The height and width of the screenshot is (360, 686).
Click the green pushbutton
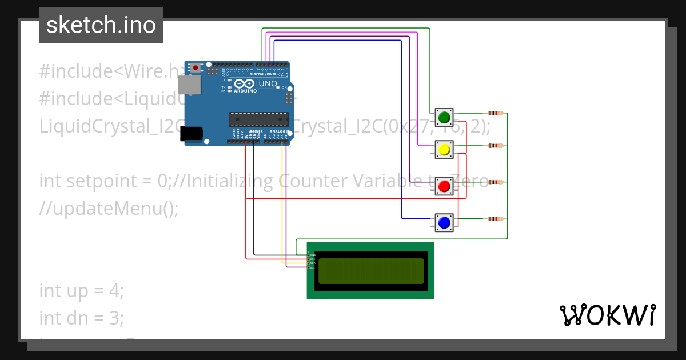[x=444, y=118]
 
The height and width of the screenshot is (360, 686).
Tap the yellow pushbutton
[x=444, y=150]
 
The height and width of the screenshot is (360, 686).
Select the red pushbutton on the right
[x=444, y=186]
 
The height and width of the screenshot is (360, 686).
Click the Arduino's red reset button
[x=196, y=67]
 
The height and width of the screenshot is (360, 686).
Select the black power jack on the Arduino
[x=191, y=133]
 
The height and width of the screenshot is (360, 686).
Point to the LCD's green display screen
[x=371, y=271]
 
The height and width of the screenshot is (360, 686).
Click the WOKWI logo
[x=607, y=315]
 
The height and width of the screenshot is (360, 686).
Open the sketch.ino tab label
[x=101, y=25]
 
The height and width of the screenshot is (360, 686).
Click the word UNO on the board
[x=268, y=83]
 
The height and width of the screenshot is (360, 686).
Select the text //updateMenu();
[x=109, y=209]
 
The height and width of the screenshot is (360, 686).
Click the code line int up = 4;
[x=81, y=291]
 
